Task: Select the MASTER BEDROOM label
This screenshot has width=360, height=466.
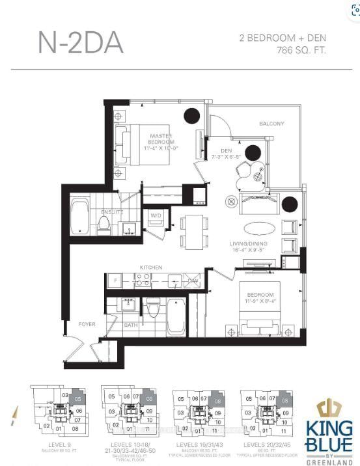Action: pyautogui.click(x=160, y=138)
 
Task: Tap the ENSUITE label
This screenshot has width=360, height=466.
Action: pyautogui.click(x=112, y=212)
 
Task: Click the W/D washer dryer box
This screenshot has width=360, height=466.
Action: pyautogui.click(x=156, y=216)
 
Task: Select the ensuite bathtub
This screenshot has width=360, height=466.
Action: pyautogui.click(x=81, y=217)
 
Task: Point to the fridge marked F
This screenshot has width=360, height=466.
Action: pyautogui.click(x=116, y=281)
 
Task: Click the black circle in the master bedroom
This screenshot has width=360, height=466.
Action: pyautogui.click(x=191, y=116)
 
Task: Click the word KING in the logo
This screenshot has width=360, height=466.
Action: pyautogui.click(x=329, y=430)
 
